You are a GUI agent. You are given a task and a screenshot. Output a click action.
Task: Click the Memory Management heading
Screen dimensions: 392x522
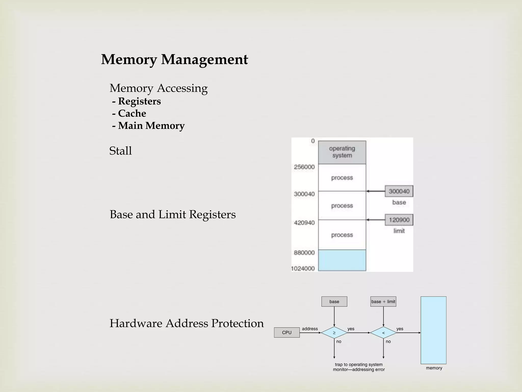(x=174, y=59)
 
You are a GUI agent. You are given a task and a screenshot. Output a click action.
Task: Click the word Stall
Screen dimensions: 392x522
(x=120, y=151)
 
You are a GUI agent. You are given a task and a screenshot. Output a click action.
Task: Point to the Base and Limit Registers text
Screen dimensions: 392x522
(x=173, y=214)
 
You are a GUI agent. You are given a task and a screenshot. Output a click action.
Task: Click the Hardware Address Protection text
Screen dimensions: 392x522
(x=186, y=323)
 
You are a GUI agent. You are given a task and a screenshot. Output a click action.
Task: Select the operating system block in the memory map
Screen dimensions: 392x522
(x=342, y=152)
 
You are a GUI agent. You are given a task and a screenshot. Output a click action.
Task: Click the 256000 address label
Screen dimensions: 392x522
(x=304, y=167)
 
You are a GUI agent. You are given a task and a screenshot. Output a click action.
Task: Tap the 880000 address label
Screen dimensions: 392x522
(x=304, y=253)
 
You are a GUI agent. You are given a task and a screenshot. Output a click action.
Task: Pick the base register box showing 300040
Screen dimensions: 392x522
(x=399, y=191)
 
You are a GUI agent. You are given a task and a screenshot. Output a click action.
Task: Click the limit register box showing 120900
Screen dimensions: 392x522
(x=399, y=220)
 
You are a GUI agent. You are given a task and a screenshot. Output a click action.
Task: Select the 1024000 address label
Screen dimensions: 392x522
(x=303, y=268)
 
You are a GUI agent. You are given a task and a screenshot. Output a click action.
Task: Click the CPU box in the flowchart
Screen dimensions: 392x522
(x=287, y=333)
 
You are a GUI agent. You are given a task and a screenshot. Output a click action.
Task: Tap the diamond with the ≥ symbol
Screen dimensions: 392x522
(x=334, y=333)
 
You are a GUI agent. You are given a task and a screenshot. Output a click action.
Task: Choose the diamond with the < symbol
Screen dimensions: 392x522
(x=383, y=333)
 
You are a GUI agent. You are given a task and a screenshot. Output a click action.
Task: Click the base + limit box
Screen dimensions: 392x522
(x=383, y=302)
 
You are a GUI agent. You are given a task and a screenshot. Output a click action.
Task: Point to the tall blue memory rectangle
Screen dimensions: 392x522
(x=433, y=330)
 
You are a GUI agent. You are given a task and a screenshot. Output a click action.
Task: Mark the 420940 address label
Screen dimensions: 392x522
(x=304, y=223)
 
